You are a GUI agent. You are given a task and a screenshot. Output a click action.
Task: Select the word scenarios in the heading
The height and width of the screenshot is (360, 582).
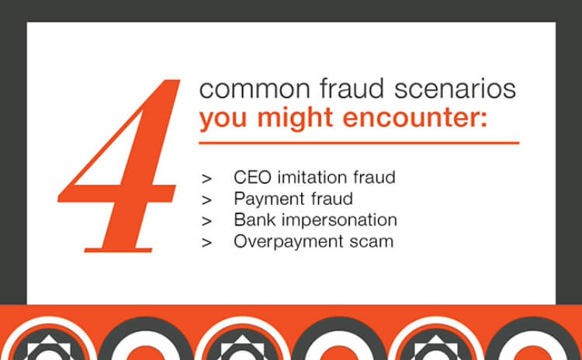coord(449,88)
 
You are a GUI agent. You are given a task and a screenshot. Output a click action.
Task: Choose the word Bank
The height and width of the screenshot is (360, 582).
coord(252,220)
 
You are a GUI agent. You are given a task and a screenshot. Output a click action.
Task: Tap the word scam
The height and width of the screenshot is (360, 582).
coord(371,241)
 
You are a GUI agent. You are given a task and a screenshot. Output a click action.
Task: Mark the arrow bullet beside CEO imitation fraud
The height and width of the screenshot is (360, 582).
coord(206,178)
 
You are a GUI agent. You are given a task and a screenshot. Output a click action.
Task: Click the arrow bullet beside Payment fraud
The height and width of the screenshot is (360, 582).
coord(206,199)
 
